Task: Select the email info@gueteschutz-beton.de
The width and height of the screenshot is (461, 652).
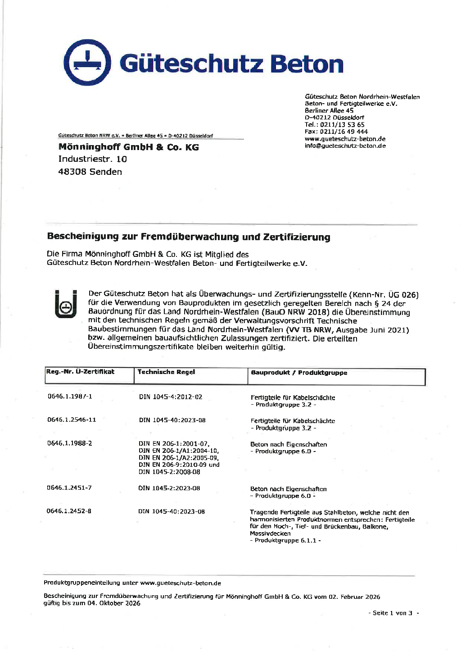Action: click(345, 146)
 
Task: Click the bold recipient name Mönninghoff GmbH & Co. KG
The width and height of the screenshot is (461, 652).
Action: click(128, 147)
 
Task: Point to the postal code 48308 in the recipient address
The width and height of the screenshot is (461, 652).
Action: click(72, 172)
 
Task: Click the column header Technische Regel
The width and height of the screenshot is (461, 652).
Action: click(166, 372)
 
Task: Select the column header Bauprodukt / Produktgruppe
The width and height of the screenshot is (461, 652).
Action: click(299, 373)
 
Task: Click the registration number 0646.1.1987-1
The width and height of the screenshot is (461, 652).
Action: click(70, 397)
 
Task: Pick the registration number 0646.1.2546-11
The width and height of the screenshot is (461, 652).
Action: click(72, 419)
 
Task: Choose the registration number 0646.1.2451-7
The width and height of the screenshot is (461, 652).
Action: click(69, 488)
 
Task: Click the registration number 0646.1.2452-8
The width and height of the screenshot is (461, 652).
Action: click(69, 511)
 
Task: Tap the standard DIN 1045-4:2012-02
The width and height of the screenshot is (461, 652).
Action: click(171, 397)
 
